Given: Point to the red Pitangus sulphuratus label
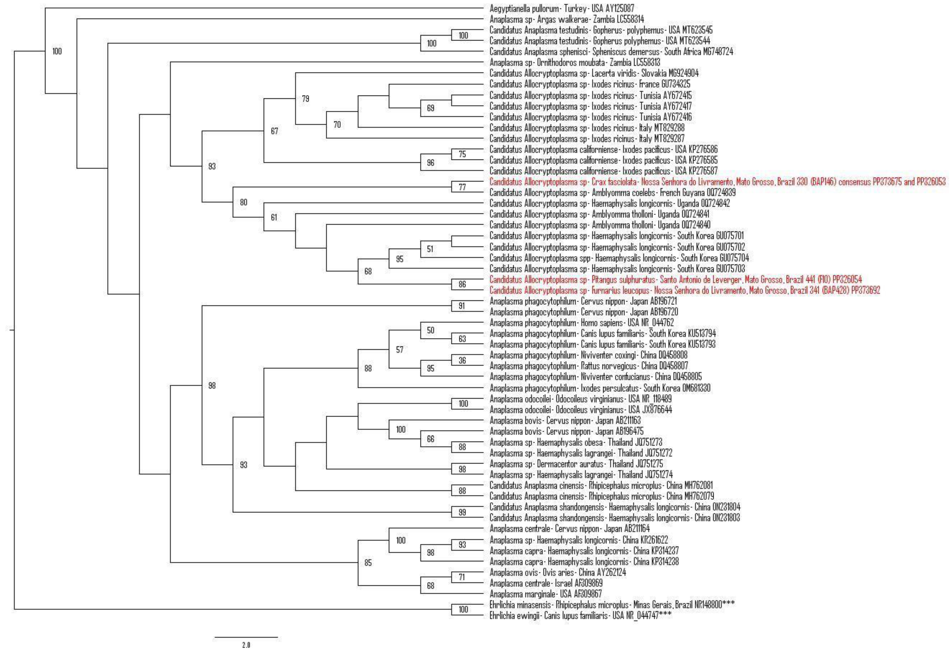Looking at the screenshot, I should click(676, 279).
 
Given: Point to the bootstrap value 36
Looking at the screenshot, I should click(462, 361).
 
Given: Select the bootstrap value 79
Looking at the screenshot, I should click(305, 99).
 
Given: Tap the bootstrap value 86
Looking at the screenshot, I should click(462, 284).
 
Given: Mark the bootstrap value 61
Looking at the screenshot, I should click(274, 217).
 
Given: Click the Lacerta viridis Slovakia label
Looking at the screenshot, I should click(594, 73).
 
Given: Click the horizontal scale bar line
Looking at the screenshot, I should click(246, 637).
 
